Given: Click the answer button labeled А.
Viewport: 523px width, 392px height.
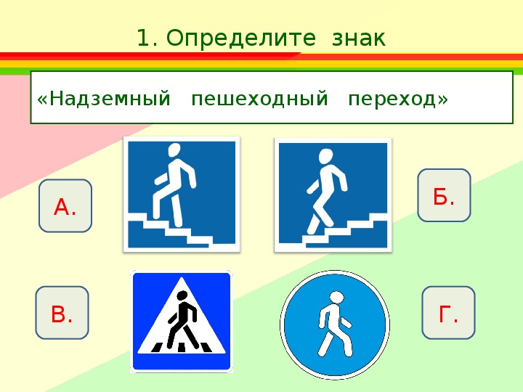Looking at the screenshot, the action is (65, 205).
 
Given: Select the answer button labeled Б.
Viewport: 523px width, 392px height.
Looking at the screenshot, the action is (444, 195).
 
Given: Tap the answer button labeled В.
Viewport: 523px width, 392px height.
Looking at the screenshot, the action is (62, 313).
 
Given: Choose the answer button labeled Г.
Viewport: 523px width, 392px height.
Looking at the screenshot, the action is (448, 313).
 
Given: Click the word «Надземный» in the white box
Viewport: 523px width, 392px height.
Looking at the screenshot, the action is (104, 99).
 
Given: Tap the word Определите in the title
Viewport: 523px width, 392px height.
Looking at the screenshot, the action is (240, 38).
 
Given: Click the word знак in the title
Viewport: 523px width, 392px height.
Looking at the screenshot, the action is (359, 38).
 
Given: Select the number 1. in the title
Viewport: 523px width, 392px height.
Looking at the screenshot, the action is (147, 38).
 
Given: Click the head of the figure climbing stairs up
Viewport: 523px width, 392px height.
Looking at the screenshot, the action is (174, 150).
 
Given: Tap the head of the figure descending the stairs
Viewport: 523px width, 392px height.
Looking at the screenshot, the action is (325, 156).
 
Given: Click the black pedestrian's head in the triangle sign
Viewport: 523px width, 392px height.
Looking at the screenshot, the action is (182, 295).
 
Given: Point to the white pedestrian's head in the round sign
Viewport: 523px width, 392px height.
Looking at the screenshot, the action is (336, 298).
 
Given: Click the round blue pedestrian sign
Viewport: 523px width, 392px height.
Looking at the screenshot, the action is (335, 324).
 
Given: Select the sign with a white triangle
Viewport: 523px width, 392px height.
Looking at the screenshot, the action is (182, 322).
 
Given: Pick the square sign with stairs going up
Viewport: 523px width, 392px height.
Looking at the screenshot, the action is (182, 195).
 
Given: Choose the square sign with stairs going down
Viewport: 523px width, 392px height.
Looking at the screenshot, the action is (333, 195).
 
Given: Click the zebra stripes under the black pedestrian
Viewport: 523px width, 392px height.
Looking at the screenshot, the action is (182, 347).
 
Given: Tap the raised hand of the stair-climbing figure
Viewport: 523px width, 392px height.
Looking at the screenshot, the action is (159, 180).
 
